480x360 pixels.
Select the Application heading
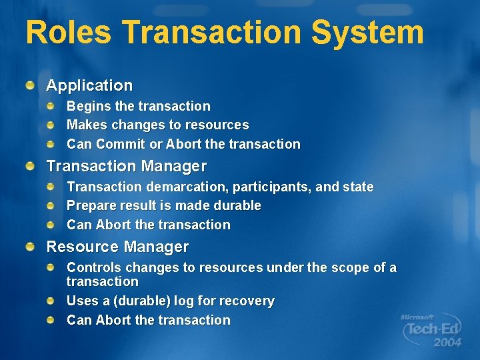(x=89, y=85)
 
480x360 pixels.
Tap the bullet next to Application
(x=30, y=85)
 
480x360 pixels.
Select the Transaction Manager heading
(x=126, y=166)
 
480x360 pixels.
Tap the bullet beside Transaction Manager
(x=30, y=165)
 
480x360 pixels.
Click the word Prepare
(x=92, y=206)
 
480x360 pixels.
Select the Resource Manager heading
(x=117, y=247)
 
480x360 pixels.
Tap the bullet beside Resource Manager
(x=30, y=246)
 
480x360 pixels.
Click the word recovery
(x=249, y=301)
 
